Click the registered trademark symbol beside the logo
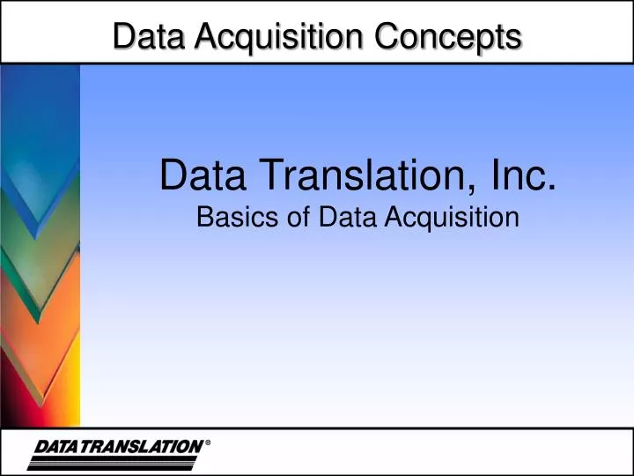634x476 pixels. (x=208, y=443)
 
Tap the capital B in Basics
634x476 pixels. (x=203, y=217)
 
